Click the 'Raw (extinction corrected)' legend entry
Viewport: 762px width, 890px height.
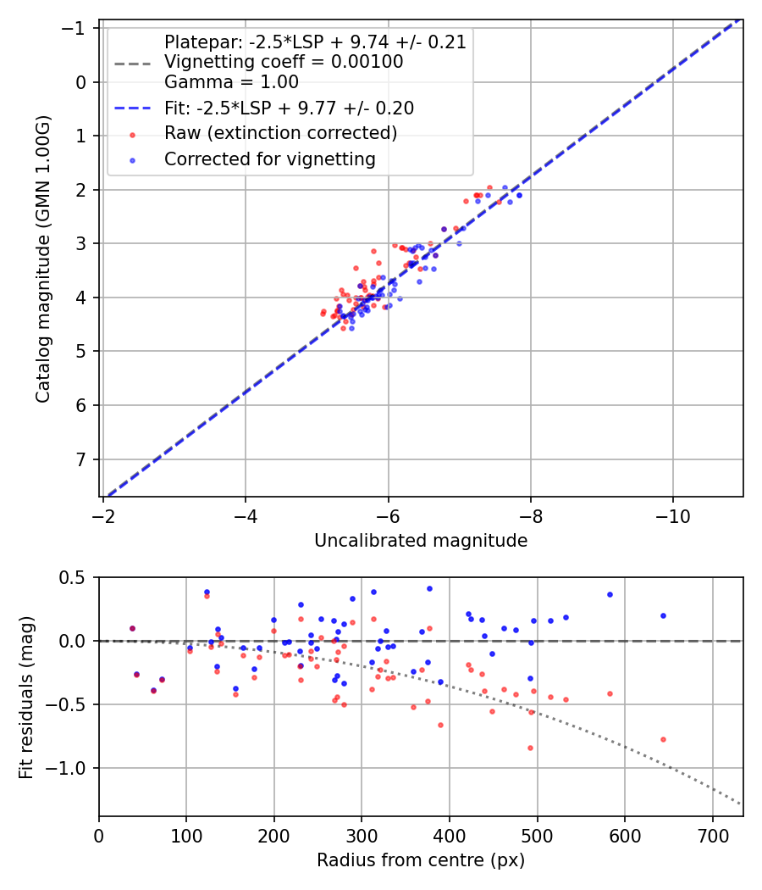pyautogui.click(x=280, y=133)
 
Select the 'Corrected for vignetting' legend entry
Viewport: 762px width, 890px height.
pyautogui.click(x=269, y=159)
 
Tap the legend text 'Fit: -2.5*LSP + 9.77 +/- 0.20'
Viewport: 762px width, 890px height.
pyautogui.click(x=289, y=108)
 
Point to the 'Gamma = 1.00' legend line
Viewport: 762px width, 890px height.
pyautogui.click(x=231, y=82)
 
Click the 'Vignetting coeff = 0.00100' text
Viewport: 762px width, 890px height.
pyautogui.click(x=284, y=62)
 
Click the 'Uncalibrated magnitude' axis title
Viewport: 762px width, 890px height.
pyautogui.click(x=421, y=541)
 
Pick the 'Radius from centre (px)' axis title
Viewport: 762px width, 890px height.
pyautogui.click(x=421, y=860)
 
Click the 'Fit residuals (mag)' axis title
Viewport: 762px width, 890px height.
pyautogui.click(x=25, y=697)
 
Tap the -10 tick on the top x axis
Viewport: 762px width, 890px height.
pyautogui.click(x=673, y=515)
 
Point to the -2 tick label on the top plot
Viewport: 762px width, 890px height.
pyautogui.click(x=103, y=515)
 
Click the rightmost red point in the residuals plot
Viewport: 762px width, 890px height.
pyautogui.click(x=663, y=739)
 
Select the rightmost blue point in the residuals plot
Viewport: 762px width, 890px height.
pyautogui.click(x=663, y=615)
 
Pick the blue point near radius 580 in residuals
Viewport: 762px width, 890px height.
pyautogui.click(x=610, y=594)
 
